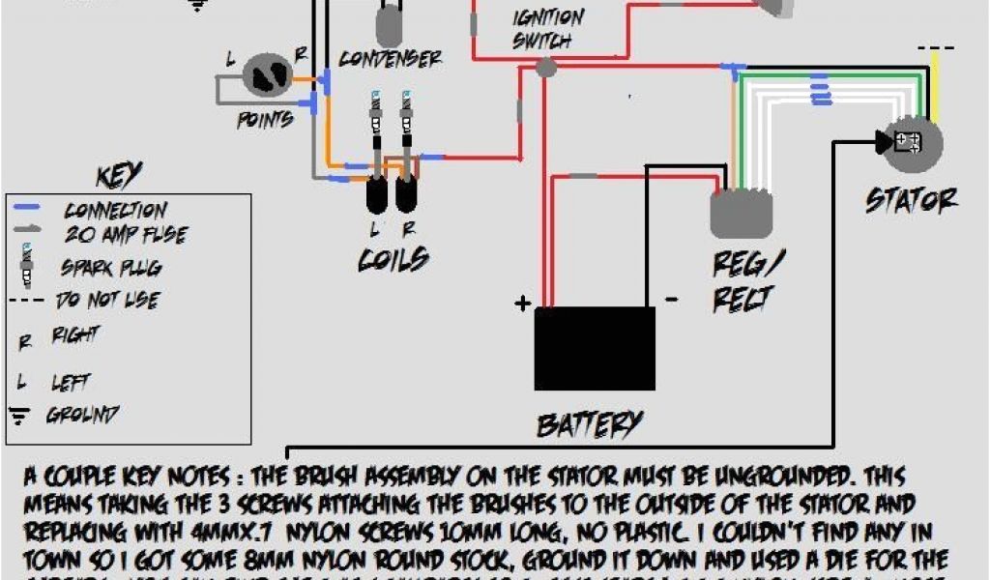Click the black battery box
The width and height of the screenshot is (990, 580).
(595, 348)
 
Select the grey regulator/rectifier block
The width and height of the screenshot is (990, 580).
(742, 214)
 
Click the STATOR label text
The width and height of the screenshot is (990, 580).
(911, 200)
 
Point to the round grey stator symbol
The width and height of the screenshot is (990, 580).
(910, 142)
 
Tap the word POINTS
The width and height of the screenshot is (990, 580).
(265, 120)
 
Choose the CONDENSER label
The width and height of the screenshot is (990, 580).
(390, 60)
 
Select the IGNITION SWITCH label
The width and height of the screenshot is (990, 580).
(548, 29)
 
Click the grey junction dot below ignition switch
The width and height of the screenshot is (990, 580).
(546, 67)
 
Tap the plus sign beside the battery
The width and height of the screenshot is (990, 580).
(523, 304)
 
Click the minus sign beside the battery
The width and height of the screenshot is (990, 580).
(671, 300)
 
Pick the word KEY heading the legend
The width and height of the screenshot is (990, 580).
(120, 176)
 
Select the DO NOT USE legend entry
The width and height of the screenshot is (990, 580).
(106, 300)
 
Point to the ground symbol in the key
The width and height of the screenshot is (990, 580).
(19, 416)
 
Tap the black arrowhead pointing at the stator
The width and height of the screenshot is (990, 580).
(884, 142)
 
